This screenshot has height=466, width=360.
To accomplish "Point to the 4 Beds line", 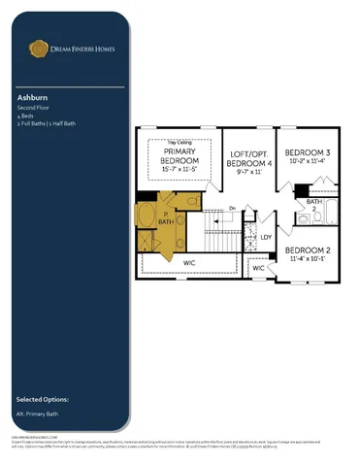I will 25,116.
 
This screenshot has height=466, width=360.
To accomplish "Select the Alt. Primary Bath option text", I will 40,414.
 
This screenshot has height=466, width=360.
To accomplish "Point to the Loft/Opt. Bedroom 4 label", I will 251,159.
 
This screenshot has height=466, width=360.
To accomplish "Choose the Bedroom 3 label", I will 306,153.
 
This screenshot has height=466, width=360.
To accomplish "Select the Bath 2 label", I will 313,205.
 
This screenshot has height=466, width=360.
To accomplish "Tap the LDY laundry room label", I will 266,237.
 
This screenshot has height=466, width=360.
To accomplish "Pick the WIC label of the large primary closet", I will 189,262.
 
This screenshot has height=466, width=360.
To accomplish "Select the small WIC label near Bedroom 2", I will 258,268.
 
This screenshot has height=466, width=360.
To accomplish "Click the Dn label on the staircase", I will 233,207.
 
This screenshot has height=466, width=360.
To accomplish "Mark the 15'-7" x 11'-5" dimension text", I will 180,170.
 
